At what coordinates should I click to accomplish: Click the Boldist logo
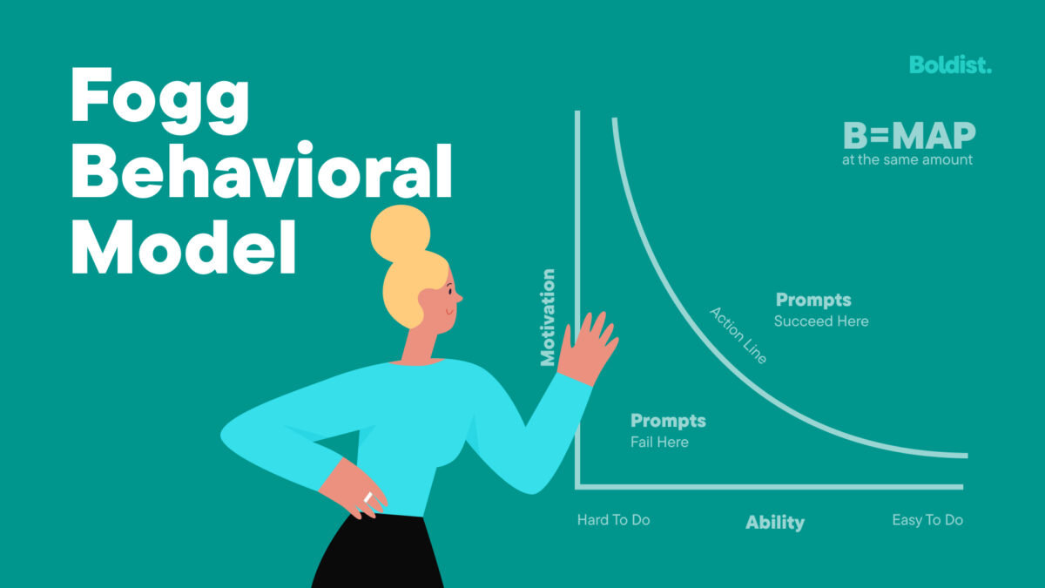pos(950,64)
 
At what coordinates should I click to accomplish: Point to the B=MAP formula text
pos(909,136)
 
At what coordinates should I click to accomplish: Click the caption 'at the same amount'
pos(907,160)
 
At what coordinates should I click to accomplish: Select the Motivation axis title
pos(548,317)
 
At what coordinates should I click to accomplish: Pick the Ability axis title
pos(775,523)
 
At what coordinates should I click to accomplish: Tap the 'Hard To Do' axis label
pos(613,520)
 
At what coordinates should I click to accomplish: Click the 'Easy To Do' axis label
pos(927,520)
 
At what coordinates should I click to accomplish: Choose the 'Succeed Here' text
pos(821,321)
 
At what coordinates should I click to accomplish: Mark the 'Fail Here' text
pos(659,443)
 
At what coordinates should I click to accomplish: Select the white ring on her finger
pos(368,497)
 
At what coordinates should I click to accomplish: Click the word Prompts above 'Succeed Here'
pos(813,301)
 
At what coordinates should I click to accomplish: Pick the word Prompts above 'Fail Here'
pos(668,422)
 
